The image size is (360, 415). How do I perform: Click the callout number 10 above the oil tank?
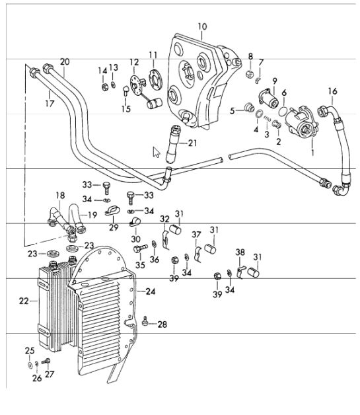pos(202,26)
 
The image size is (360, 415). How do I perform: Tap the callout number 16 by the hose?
pos(332,91)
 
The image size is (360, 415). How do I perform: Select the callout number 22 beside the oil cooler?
pos(24,301)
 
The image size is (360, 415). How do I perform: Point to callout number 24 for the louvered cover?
pos(150,291)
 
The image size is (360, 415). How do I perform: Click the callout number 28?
pos(162,324)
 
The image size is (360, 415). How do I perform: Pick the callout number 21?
pos(192,143)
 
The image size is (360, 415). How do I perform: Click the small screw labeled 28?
pos(145,321)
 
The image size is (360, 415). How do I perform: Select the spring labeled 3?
pos(268,119)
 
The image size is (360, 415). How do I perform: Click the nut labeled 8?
pos(250,73)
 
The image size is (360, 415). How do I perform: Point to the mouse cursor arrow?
pos(157,153)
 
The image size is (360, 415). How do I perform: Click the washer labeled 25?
pos(30,365)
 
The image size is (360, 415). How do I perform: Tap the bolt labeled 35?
pos(140,248)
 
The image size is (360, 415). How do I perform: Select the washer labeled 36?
pos(154,244)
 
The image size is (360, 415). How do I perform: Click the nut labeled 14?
pos(104,87)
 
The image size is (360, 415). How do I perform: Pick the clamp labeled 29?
pos(112,211)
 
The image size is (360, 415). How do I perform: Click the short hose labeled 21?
pos(174,144)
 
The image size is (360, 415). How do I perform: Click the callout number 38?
pos(240,252)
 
